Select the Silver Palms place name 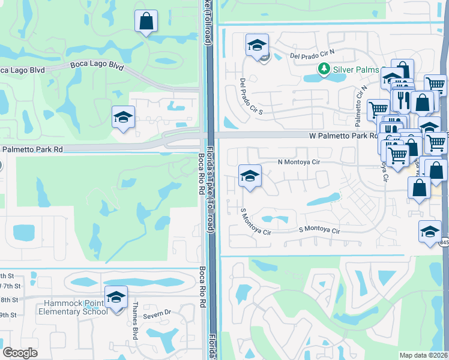[x=357, y=69]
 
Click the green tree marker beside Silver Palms [x=324, y=69]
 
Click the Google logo [x=20, y=352]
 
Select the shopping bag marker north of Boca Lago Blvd [x=146, y=22]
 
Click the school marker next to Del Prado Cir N [x=257, y=45]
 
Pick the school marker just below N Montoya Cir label [x=250, y=176]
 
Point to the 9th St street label [x=8, y=314]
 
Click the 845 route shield [x=444, y=242]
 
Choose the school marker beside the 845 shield [x=430, y=232]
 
